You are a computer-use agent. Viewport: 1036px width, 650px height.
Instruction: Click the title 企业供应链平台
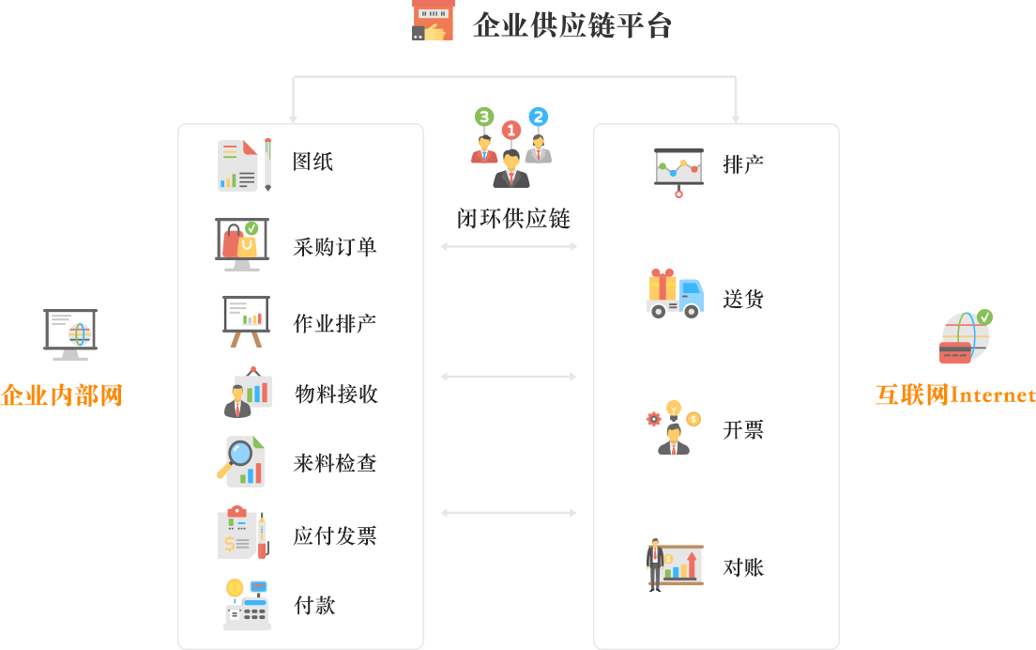coord(572,25)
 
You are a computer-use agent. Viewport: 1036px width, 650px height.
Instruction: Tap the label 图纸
coord(312,162)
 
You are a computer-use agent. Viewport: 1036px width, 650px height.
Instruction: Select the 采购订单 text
coord(334,247)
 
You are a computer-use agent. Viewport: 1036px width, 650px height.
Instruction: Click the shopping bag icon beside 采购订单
coord(242,243)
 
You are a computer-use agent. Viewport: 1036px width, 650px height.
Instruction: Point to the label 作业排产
coord(334,324)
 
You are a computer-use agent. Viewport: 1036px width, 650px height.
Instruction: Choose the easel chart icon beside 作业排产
coord(246,321)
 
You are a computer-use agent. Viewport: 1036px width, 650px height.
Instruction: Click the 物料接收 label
coord(335,394)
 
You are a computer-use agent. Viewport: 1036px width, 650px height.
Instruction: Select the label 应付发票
coord(334,535)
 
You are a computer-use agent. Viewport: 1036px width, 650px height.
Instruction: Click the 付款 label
coord(314,606)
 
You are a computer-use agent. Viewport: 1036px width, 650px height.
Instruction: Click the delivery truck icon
coord(675,294)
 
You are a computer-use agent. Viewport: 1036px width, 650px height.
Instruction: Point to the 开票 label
coord(742,430)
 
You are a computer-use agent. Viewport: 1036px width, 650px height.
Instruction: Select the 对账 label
coord(742,567)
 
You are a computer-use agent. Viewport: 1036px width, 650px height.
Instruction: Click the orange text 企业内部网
coord(61,395)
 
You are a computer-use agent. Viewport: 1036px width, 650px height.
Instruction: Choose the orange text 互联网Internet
coord(955,395)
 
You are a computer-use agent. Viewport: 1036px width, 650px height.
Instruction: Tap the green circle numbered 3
coord(484,117)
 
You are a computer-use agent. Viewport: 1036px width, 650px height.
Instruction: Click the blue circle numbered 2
coord(538,116)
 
